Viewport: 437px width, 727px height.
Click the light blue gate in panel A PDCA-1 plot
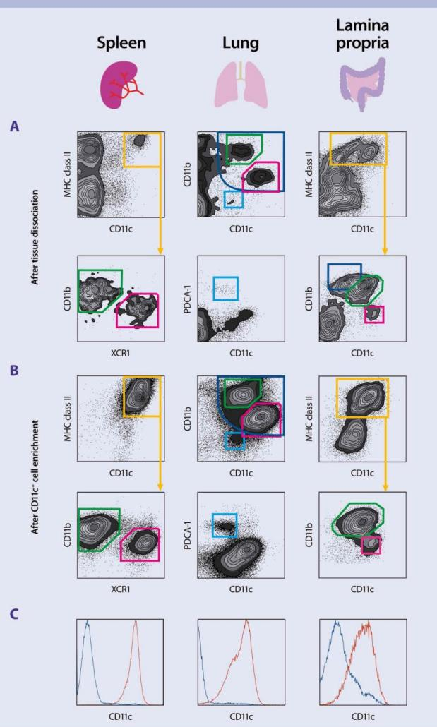pos(226,289)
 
